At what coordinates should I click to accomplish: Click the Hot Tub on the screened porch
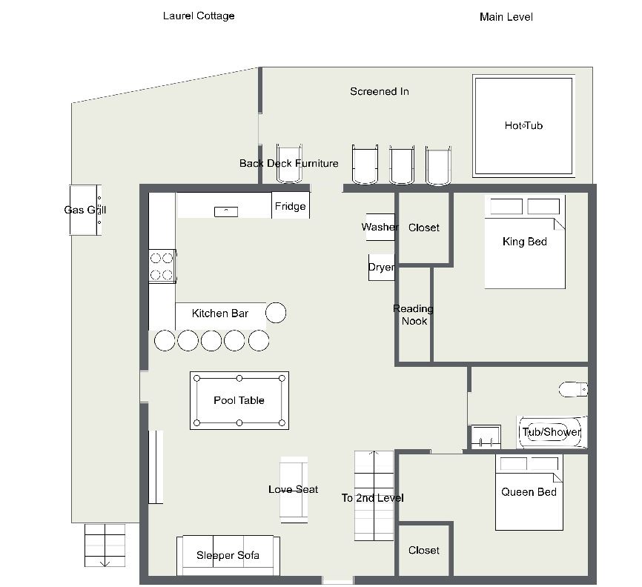coord(523,126)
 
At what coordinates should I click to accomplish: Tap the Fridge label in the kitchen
coord(291,206)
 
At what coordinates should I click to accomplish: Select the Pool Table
coord(239,400)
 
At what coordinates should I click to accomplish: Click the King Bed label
coord(524,242)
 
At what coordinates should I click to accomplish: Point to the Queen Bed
coord(529,492)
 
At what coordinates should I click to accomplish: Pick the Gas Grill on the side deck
coord(85,210)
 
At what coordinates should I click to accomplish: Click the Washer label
coord(380,227)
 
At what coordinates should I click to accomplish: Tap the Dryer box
coord(381,268)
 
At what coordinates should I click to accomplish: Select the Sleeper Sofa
coord(228,555)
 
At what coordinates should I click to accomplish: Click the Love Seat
coord(294,490)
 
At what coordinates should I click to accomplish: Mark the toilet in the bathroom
coord(573,389)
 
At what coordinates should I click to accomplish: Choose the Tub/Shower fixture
coord(552,432)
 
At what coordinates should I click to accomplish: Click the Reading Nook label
coord(414,315)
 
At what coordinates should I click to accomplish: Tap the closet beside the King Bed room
coord(424,228)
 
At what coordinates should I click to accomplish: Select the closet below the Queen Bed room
coord(424,550)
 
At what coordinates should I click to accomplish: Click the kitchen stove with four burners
coord(162,266)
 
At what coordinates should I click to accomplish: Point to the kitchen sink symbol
coord(226,212)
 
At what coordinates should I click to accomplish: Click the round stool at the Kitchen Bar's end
coord(276,313)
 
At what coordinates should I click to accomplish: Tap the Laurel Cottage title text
coord(199,16)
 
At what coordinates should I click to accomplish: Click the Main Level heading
coord(506,17)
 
